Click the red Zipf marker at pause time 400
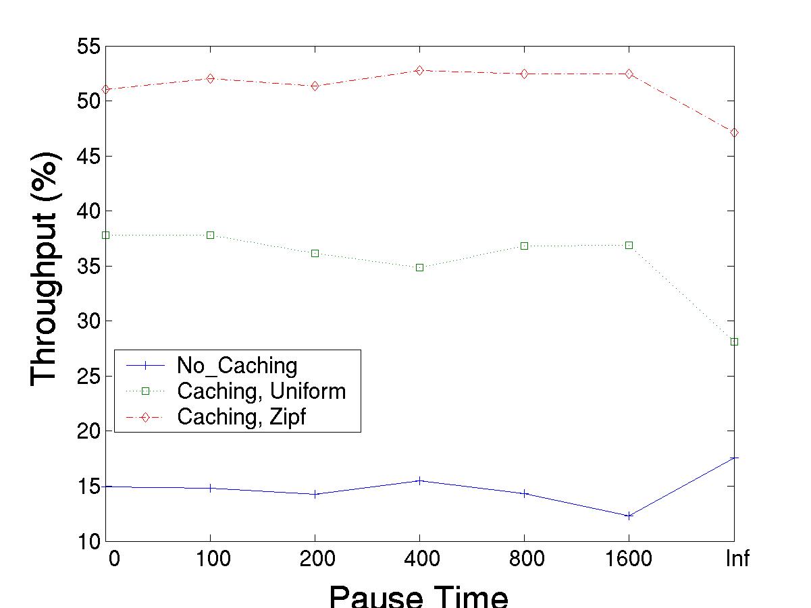coord(419,70)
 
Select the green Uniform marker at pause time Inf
coord(734,342)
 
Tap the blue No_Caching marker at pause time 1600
coord(629,516)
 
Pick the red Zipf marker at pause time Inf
coord(734,132)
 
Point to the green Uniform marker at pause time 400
coord(419,267)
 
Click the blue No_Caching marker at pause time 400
coord(419,480)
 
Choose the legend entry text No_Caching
coord(236,366)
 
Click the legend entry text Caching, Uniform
coord(261,391)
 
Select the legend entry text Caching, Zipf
coord(241,417)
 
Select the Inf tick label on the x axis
coord(737,559)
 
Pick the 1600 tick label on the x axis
coord(629,559)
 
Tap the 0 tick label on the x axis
coord(113,559)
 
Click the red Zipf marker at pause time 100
coord(210,78)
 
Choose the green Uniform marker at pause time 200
coord(315,253)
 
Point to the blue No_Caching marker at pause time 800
coord(524,493)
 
